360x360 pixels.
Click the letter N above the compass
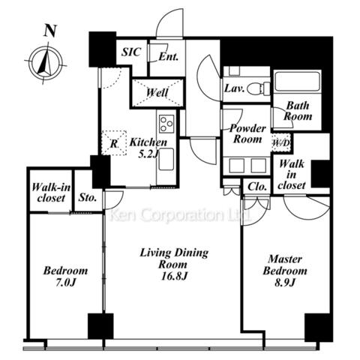pos(49,31)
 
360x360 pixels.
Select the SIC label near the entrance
pos(131,52)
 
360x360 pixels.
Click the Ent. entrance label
pos(169,57)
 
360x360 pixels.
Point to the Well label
pos(157,93)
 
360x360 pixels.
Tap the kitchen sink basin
pos(166,159)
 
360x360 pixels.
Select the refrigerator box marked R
pos(114,143)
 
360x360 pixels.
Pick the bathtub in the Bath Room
pos(297,82)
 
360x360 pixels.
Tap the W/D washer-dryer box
pos(281,143)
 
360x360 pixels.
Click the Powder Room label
pos(247,133)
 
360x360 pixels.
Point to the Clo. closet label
pos(257,187)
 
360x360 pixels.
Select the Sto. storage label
pos(88,197)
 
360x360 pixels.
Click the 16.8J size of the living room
pos(174,276)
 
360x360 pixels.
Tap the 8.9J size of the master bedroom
pos(285,283)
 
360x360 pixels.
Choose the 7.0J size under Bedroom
pos(65,283)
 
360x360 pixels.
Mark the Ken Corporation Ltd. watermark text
pos(181,215)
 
